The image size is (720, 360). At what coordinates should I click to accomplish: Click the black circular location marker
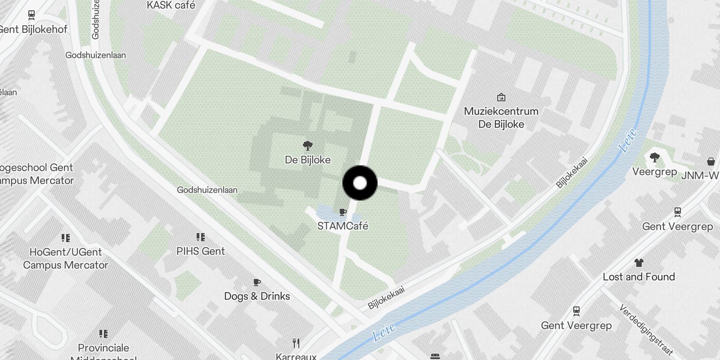360,183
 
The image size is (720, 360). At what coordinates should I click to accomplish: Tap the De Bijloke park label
308,160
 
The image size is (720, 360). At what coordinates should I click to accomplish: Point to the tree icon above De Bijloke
308,145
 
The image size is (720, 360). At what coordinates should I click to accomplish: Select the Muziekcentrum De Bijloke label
501,117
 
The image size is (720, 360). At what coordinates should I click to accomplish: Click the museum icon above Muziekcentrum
501,97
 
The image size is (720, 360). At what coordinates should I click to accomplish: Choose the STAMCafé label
342,226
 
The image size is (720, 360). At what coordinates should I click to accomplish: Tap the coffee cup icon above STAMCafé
343,212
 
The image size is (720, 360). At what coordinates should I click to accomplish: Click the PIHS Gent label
200,251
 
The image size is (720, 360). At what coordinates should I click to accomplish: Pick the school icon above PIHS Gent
201,237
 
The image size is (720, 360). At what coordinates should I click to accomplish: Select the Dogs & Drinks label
257,296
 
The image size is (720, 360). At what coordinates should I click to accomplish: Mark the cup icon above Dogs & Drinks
257,282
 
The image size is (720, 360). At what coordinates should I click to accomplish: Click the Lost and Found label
639,277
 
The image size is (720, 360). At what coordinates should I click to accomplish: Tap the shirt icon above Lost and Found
639,263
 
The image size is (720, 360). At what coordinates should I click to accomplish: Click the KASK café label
171,5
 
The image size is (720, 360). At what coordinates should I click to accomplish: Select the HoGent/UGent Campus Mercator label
66,258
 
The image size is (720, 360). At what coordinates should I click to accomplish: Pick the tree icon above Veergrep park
655,157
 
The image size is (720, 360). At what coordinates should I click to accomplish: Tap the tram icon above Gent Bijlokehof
31,15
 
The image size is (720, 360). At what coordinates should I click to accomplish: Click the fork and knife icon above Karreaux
296,343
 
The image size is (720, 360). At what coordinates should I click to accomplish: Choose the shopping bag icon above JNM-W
711,161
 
